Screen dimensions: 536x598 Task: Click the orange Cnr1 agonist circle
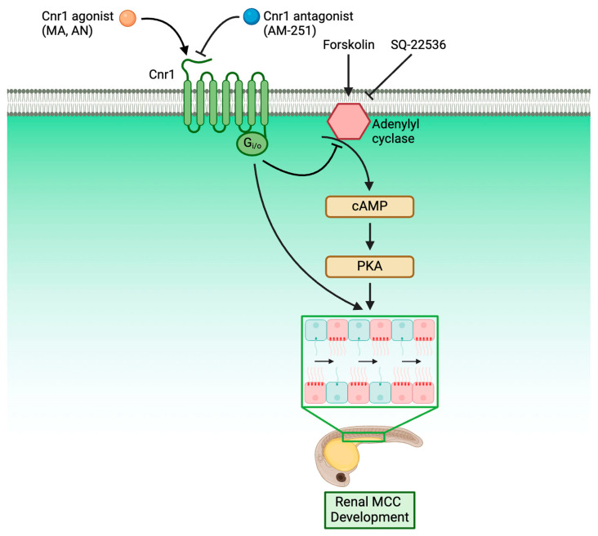pos(128,17)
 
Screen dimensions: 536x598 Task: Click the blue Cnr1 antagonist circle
pos(252,16)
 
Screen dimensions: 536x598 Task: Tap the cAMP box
pos(369,206)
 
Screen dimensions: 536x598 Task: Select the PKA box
pos(369,267)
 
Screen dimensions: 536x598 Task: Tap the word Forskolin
pos(349,47)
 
